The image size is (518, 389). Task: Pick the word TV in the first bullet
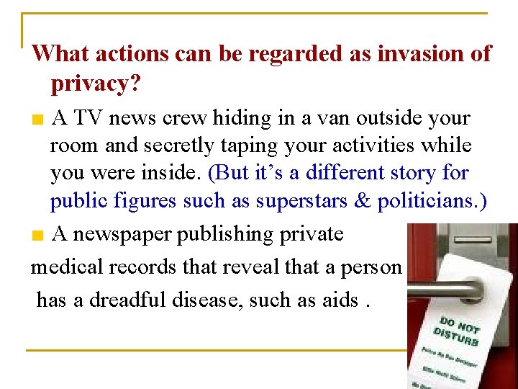point(89,117)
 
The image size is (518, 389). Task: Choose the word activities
point(388,145)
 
